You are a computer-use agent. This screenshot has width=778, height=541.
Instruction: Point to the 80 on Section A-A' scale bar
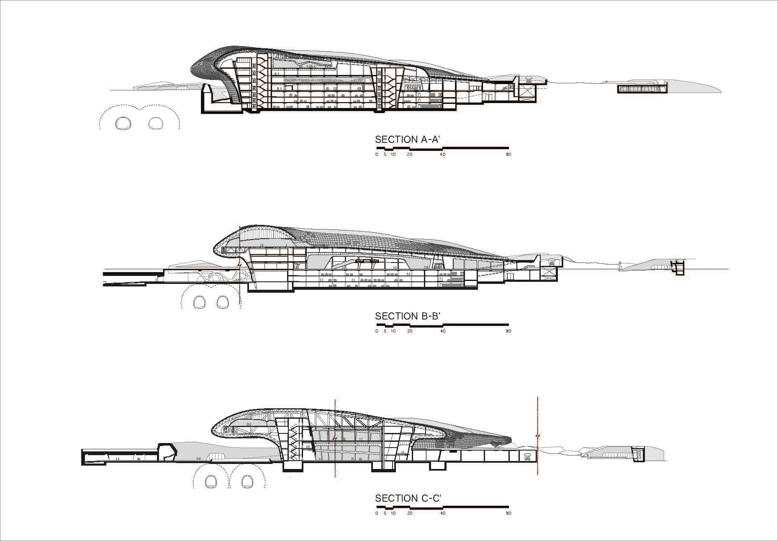click(508, 155)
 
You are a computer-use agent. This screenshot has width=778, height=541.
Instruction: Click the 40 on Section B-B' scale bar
click(442, 331)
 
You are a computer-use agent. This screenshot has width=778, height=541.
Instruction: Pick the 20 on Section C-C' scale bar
click(409, 513)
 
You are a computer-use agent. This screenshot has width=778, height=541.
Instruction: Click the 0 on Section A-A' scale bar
click(377, 155)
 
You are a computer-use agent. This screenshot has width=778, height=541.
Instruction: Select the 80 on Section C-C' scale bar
click(508, 513)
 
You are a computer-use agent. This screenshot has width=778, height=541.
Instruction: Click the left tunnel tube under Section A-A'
click(124, 123)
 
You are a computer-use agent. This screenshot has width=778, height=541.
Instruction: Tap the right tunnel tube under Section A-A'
click(156, 123)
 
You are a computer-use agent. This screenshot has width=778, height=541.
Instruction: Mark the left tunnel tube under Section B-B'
click(199, 301)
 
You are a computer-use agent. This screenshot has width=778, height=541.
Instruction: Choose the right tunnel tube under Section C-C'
click(248, 482)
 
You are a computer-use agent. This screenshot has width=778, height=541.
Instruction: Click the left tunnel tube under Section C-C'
click(212, 482)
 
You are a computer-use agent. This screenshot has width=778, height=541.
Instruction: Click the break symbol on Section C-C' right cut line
click(538, 436)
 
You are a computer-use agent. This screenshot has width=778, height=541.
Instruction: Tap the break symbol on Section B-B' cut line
click(240, 265)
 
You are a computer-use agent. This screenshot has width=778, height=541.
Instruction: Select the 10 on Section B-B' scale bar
click(393, 331)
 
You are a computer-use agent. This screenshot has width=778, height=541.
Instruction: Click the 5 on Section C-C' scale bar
click(385, 513)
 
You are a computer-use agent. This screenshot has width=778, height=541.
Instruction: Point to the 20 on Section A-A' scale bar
click(409, 155)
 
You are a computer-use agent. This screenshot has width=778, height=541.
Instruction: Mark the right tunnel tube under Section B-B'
click(221, 301)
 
